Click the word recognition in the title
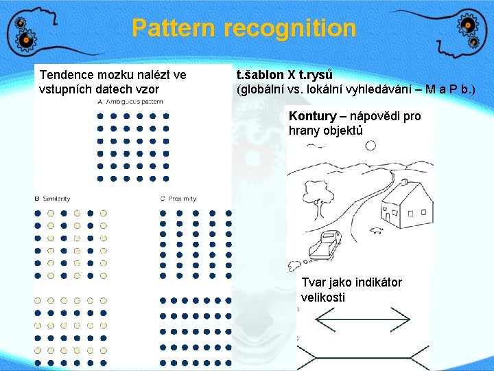[290, 28]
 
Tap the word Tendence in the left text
[67, 74]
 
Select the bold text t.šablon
[259, 74]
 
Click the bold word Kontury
[312, 116]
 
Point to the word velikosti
[322, 297]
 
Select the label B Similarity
[52, 199]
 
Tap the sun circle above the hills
[370, 145]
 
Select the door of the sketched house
[394, 218]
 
